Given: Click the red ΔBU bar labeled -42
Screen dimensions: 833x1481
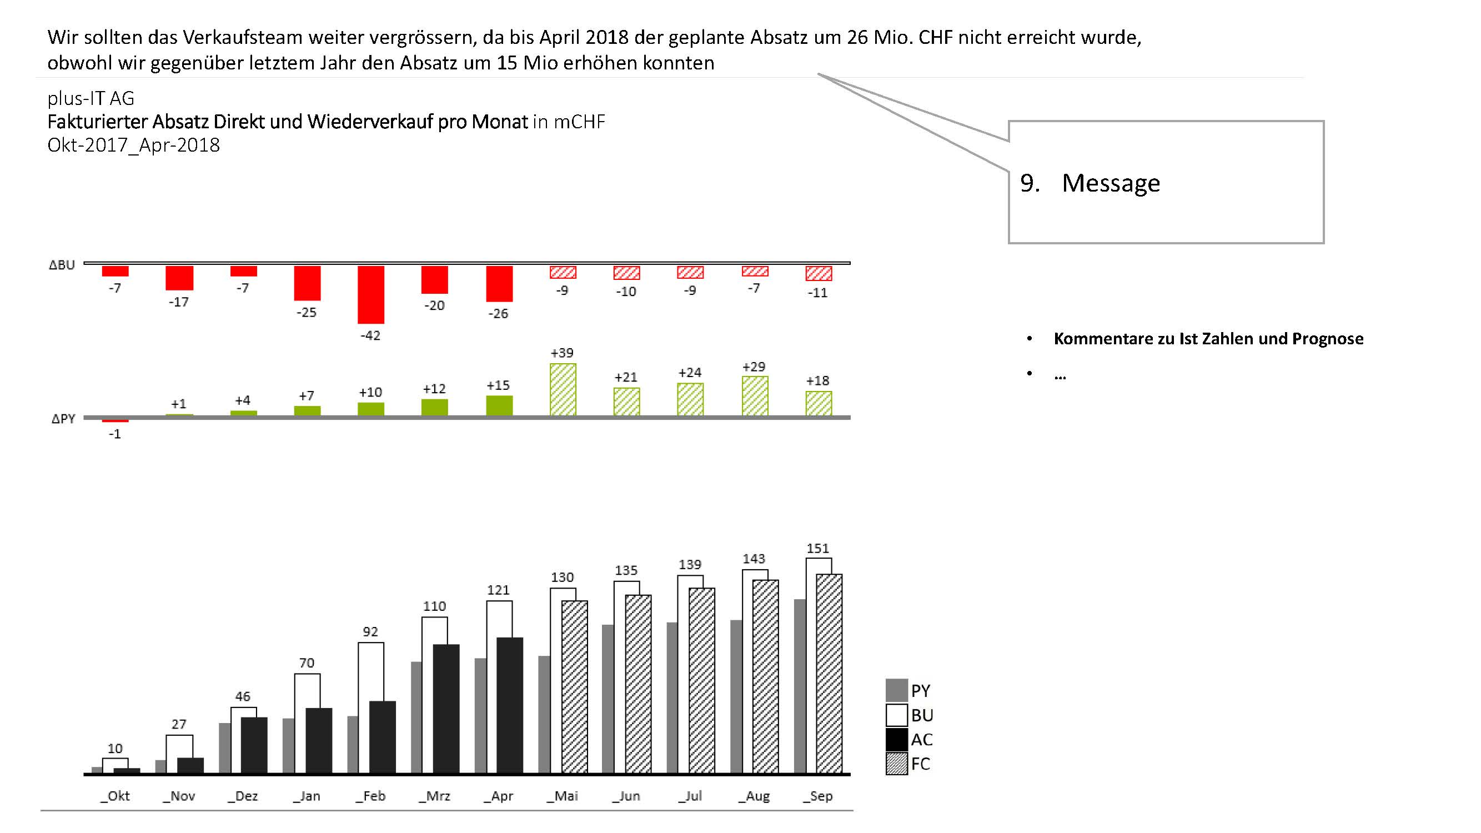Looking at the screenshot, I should (x=371, y=294).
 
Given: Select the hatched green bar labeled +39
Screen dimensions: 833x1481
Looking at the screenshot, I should (x=563, y=389).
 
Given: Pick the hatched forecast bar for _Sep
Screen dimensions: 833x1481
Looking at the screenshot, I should (x=829, y=673).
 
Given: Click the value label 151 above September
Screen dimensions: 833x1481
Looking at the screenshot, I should (x=817, y=549).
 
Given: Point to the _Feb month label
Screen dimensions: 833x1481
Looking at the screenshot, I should (x=371, y=796).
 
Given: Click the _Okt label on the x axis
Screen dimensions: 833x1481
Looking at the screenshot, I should (x=116, y=796).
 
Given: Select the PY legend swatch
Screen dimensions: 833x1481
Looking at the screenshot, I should (x=896, y=690).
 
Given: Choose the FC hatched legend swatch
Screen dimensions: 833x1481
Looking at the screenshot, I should (x=896, y=764).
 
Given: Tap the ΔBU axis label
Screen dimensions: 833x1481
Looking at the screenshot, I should (x=62, y=265).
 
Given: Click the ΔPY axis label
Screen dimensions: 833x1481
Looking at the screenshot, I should (x=63, y=419).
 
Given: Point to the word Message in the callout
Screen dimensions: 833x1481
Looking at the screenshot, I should (x=1111, y=183).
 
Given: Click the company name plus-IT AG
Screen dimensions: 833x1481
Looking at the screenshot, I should (x=91, y=98).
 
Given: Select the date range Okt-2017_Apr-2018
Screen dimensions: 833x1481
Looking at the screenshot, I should (x=133, y=145).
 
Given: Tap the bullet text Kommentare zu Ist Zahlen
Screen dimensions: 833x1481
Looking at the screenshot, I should (x=1208, y=339).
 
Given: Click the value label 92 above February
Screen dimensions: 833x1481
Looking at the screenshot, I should (x=370, y=631).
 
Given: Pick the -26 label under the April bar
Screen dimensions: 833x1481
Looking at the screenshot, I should (x=498, y=314).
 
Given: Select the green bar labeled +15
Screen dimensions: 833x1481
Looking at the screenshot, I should (x=499, y=405).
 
